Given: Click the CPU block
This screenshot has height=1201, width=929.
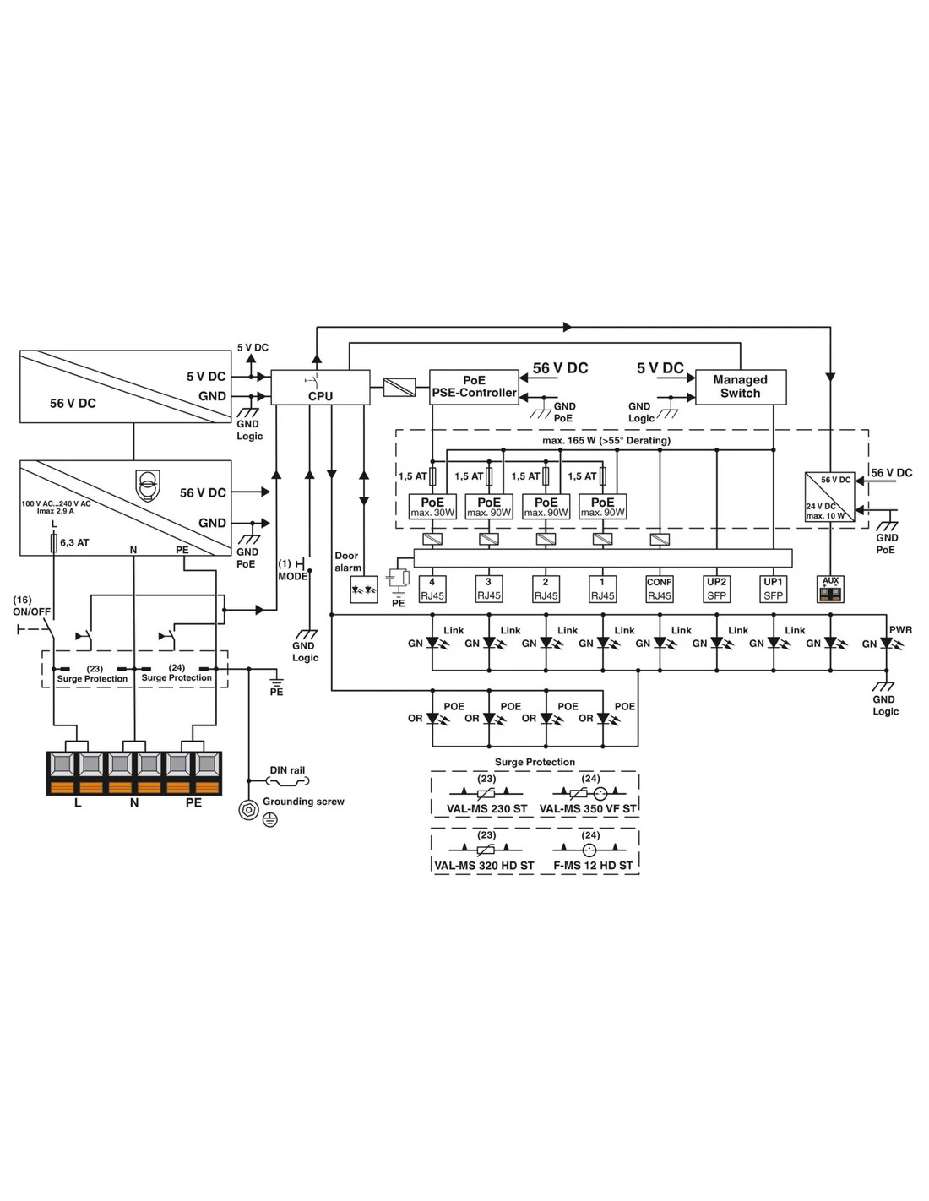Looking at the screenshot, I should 320,388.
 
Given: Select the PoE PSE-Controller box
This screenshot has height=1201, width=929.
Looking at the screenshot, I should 474,387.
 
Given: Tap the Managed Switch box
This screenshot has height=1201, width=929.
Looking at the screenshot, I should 740,387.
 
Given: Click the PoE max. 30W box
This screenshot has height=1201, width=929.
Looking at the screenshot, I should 432,507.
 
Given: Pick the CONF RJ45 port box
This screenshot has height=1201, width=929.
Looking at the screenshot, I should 659,589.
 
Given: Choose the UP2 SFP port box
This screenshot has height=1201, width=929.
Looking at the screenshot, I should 716,589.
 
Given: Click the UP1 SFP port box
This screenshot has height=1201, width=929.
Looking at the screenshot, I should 773,589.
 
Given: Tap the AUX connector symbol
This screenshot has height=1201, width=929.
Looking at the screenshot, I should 831,590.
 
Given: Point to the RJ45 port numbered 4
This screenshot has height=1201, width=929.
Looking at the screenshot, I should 432,589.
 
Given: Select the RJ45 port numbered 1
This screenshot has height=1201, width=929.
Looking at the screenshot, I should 602,589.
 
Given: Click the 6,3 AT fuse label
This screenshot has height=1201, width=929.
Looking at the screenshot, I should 74,543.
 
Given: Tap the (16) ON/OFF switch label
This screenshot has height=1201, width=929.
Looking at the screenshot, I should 31,606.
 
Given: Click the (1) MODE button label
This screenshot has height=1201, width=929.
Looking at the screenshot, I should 292,570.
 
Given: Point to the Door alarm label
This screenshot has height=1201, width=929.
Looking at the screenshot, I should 347,562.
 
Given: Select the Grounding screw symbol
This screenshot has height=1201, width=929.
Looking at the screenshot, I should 248,809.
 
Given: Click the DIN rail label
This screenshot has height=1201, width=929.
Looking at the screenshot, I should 287,770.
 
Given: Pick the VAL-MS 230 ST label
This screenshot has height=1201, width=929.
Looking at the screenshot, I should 486,809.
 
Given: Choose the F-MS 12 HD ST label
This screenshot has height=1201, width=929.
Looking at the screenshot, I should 593,866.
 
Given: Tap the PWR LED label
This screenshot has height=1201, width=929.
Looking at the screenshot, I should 900,630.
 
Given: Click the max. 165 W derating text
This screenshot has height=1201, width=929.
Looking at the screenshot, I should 606,441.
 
